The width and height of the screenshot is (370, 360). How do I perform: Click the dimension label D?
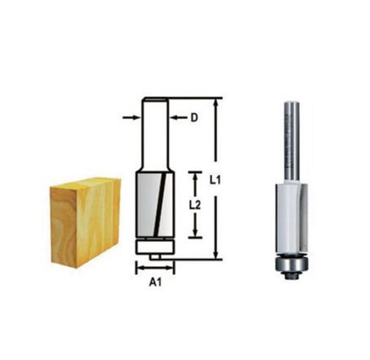(x=193, y=118)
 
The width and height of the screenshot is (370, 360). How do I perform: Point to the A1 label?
(x=155, y=284)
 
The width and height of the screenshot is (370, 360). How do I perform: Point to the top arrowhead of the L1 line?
(x=217, y=102)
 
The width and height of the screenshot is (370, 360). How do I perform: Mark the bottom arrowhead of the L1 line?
(x=217, y=254)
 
